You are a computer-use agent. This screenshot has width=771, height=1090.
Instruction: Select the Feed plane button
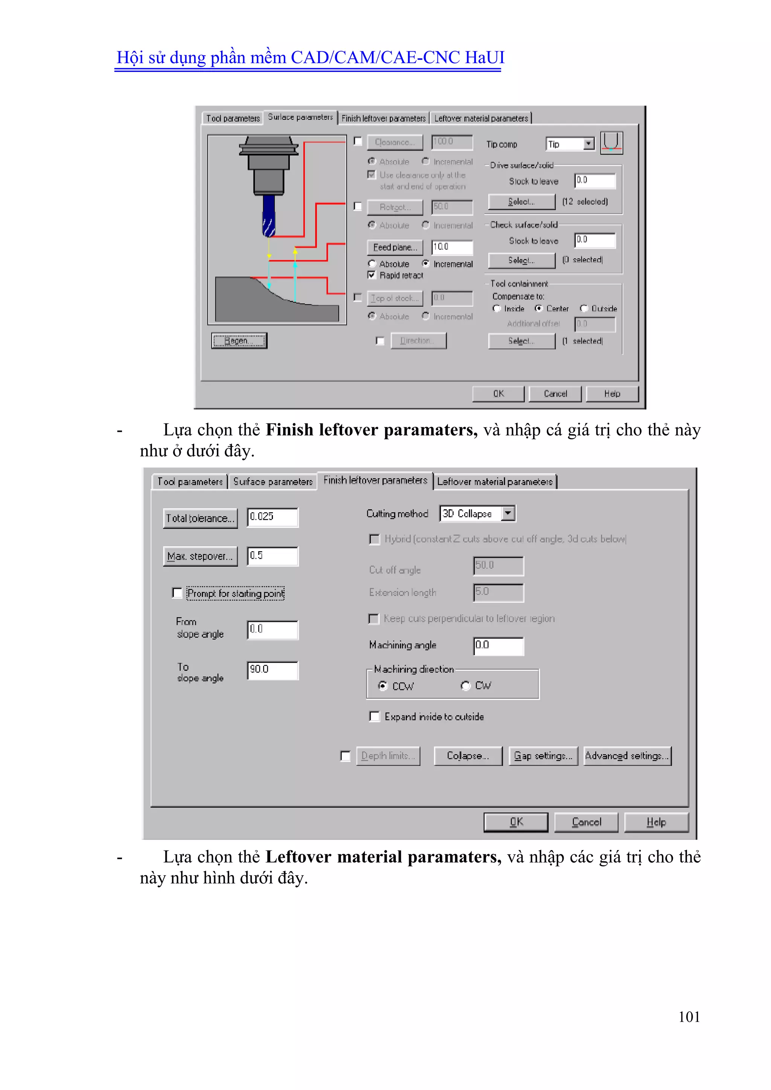[395, 247]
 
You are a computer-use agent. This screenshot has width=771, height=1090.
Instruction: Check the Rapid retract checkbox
[372, 275]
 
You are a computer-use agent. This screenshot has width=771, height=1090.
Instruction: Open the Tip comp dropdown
[588, 144]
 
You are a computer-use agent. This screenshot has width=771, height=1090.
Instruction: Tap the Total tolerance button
[200, 518]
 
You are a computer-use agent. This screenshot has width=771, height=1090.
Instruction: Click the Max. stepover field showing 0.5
[273, 556]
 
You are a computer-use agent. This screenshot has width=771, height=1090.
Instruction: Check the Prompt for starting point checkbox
[177, 593]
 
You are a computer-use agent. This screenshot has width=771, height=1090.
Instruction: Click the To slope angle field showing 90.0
[273, 670]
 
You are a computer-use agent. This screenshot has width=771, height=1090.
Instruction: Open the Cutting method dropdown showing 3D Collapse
[508, 513]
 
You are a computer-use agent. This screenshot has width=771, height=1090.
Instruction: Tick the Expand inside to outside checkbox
[375, 717]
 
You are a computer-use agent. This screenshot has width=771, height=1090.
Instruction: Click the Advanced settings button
[627, 756]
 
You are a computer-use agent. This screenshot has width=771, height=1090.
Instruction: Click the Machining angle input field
[498, 646]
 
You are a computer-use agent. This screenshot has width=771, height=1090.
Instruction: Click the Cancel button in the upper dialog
[555, 393]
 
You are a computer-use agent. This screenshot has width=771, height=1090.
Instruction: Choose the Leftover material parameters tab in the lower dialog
[494, 482]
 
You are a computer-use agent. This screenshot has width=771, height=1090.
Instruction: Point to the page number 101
[689, 1017]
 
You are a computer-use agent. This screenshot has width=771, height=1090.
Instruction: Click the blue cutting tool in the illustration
[269, 216]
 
